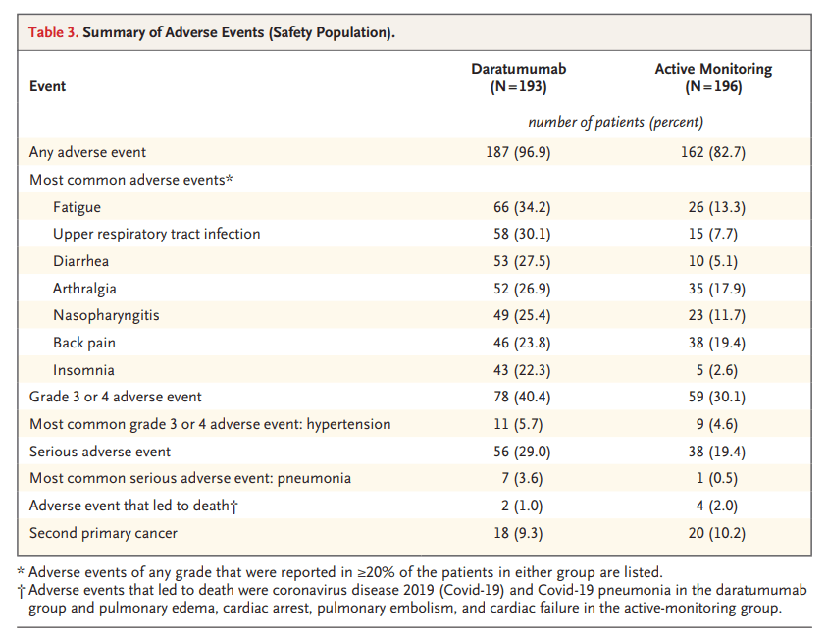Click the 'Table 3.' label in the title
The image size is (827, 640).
tap(53, 32)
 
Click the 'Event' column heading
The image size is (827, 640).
tap(48, 86)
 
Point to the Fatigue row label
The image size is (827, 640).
tap(77, 207)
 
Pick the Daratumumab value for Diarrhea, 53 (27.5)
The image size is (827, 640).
tap(518, 261)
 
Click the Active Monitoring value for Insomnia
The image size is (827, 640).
tap(713, 370)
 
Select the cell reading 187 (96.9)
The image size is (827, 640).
tap(518, 152)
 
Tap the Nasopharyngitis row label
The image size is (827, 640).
tap(106, 316)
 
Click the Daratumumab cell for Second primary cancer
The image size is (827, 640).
tap(518, 533)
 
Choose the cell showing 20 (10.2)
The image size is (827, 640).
tap(713, 533)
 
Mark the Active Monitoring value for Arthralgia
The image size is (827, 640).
tap(713, 289)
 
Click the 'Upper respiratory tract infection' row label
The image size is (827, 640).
tap(157, 234)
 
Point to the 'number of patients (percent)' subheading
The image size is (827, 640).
tap(615, 122)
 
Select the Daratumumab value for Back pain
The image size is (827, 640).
tap(518, 343)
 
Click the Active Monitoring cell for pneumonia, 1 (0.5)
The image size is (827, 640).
tap(713, 478)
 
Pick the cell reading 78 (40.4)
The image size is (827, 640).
tap(518, 397)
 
